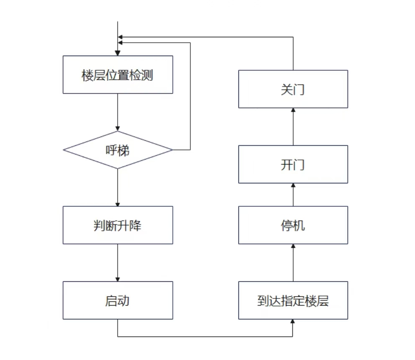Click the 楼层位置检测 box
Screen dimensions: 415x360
pyautogui.click(x=118, y=75)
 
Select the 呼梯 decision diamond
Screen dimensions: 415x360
pyautogui.click(x=118, y=150)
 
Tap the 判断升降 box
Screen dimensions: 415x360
pyautogui.click(x=118, y=225)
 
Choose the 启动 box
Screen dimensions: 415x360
pyautogui.click(x=118, y=301)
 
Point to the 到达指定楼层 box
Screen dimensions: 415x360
pyautogui.click(x=293, y=301)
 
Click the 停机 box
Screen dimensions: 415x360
pyautogui.click(x=293, y=225)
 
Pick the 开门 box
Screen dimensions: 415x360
pyautogui.click(x=293, y=164)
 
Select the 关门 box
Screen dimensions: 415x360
pyautogui.click(x=293, y=89)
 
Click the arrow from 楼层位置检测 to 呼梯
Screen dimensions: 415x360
pyautogui.click(x=118, y=112)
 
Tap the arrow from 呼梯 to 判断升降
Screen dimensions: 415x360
pyautogui.click(x=118, y=188)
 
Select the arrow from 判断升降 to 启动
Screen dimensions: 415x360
pyautogui.click(x=118, y=263)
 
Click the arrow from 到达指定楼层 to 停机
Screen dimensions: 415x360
pyautogui.click(x=293, y=263)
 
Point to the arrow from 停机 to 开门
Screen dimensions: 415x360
pyautogui.click(x=293, y=195)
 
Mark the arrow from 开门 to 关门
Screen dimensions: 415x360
pyautogui.click(x=293, y=126)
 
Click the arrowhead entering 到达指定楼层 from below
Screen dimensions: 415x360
pyautogui.click(x=292, y=321)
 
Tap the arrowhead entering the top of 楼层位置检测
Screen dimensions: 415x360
pyautogui.click(x=118, y=53)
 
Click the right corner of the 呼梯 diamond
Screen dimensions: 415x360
pyautogui.click(x=173, y=150)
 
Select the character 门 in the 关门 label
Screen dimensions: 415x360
pyautogui.click(x=299, y=90)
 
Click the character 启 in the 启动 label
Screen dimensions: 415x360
pyautogui.click(x=111, y=301)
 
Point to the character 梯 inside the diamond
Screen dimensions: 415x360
pyautogui.click(x=123, y=150)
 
